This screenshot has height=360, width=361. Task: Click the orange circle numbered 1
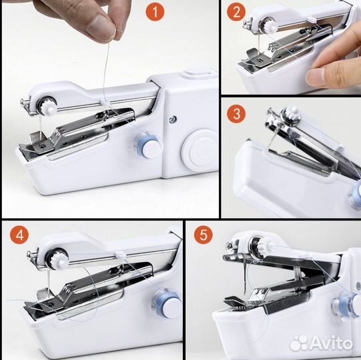coord(155,12)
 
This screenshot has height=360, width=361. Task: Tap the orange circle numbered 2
coord(236,12)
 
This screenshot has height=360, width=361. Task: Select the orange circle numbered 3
coord(236,113)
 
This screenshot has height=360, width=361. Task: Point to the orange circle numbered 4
coord(19,235)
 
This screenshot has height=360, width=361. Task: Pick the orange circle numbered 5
coord(204,235)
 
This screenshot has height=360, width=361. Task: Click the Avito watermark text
coord(322,343)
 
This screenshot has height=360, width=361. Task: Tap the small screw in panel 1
coord(173,119)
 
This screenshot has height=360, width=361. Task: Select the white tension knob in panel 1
coord(49,107)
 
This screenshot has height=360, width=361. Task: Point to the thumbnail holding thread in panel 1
coord(101,27)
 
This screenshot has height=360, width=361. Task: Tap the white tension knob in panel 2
coord(272,27)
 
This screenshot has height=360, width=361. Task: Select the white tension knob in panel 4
coord(58,260)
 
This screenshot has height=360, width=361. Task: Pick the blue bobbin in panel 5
coord(346,305)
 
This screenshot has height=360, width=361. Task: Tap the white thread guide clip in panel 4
coord(120,255)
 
